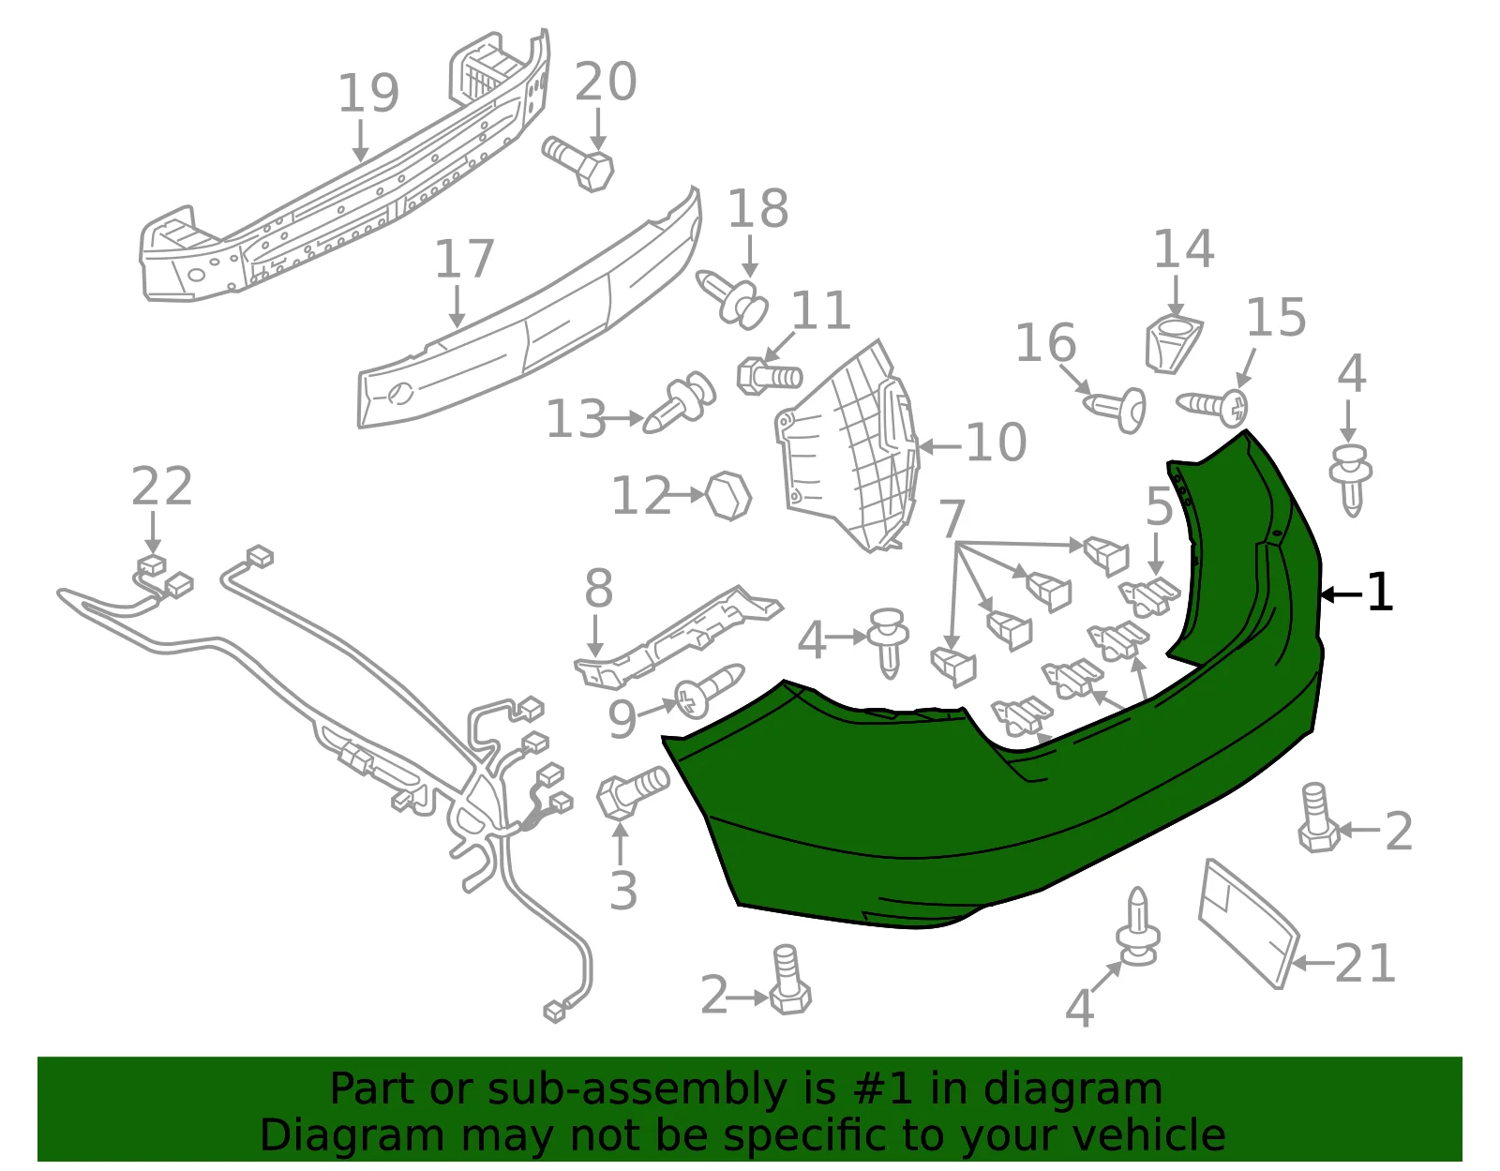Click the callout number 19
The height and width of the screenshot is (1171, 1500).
367,93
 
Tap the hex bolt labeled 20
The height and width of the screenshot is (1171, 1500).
578,163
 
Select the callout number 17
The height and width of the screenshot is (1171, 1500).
464,259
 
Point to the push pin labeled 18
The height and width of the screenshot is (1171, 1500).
732,299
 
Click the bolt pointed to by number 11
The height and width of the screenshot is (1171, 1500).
769,376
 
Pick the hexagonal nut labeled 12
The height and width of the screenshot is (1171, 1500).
728,496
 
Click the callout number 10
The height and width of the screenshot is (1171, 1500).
996,443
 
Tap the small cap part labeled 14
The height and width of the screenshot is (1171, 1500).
1174,344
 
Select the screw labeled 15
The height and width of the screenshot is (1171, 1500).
1213,408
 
